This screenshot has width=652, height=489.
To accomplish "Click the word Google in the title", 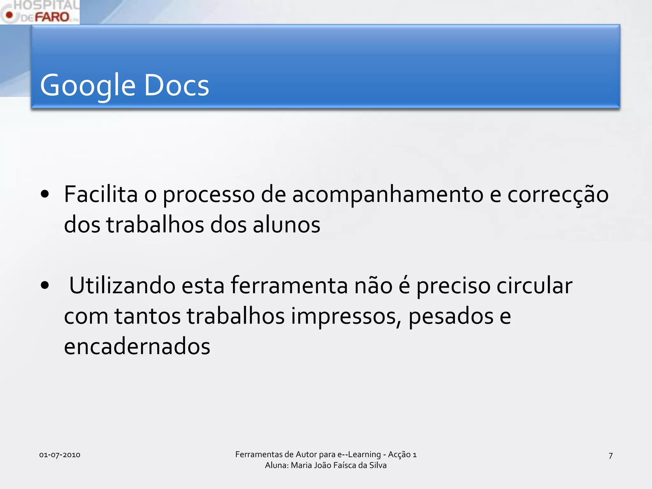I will (88, 85).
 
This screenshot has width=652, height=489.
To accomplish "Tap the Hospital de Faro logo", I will (40, 12).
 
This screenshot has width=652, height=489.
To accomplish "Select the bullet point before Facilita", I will (45, 194).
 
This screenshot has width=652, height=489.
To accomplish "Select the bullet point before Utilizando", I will (45, 285).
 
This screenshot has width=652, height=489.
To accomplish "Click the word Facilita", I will (101, 194).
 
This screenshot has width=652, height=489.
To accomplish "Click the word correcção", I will (558, 195).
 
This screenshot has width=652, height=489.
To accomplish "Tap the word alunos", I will (287, 224).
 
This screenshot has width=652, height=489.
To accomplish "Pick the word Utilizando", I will (122, 285).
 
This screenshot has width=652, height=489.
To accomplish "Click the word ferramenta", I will (289, 285).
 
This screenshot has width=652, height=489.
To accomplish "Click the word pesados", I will (451, 316).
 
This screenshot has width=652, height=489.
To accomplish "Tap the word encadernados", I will (137, 346).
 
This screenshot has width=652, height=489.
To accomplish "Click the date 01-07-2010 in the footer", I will (60, 455).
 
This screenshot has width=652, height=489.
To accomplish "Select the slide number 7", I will (610, 456).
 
